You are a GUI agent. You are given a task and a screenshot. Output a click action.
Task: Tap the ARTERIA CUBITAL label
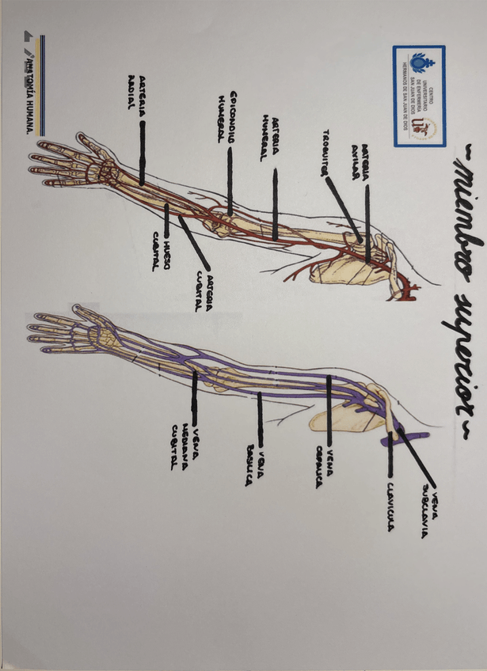coord(207,292)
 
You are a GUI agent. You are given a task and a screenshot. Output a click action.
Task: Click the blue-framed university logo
coord(418,96)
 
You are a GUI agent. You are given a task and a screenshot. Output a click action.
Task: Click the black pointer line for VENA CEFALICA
coord(329,411)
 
